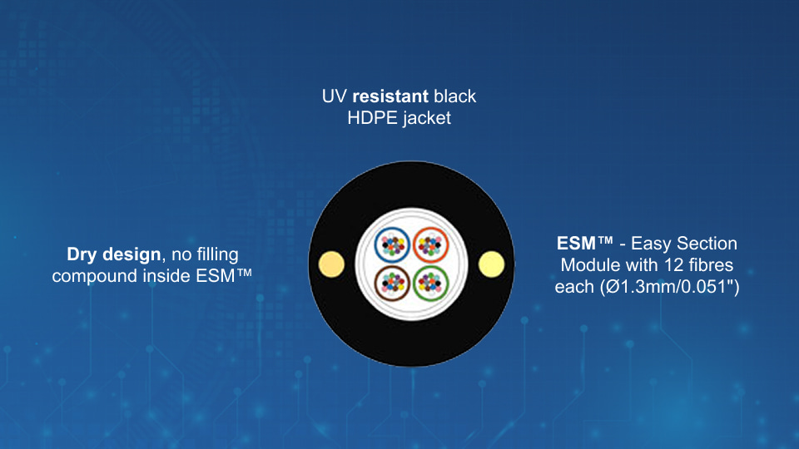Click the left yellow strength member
(331, 264)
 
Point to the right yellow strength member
(492, 264)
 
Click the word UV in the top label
(335, 96)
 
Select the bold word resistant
(390, 96)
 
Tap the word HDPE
(373, 118)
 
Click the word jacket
(427, 119)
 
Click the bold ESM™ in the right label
(585, 244)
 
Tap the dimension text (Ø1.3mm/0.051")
(669, 287)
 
